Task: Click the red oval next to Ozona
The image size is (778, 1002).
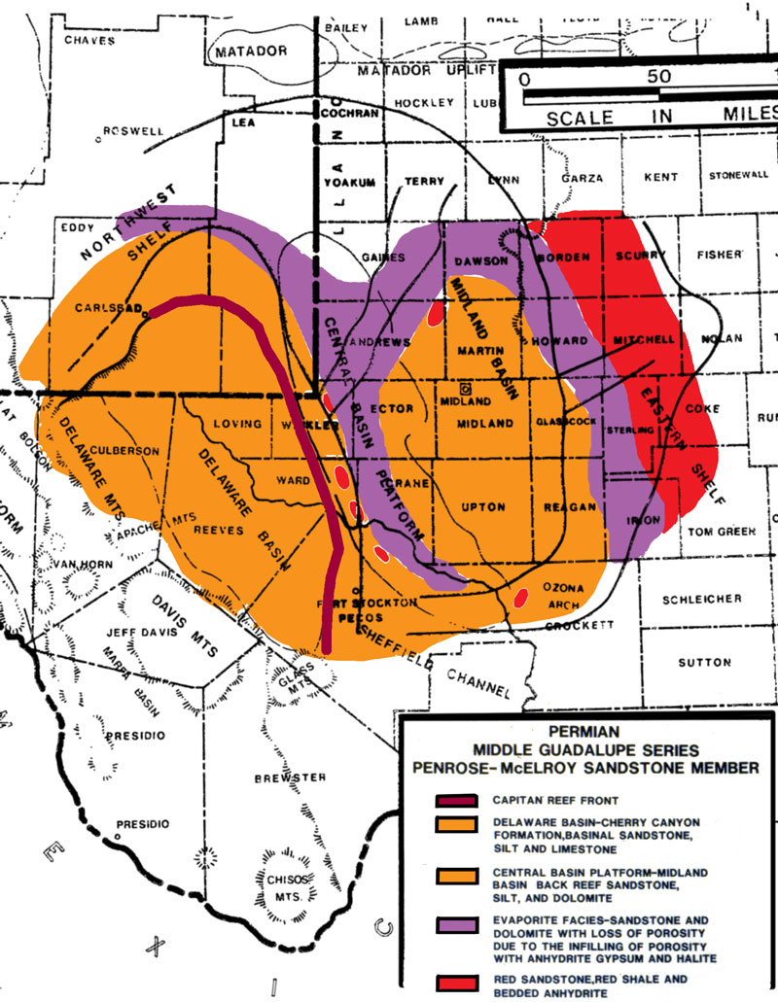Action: click(521, 596)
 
